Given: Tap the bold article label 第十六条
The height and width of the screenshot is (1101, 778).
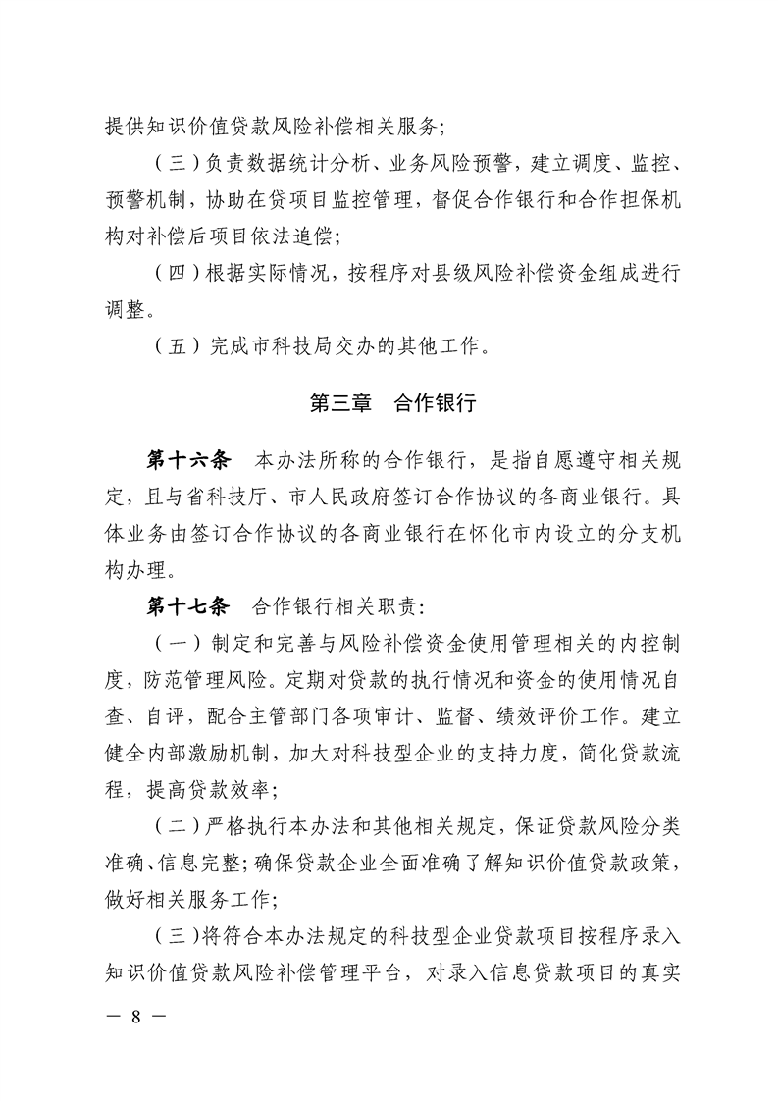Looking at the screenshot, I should (x=187, y=459).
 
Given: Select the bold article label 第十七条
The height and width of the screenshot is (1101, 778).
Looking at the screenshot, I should (x=187, y=602).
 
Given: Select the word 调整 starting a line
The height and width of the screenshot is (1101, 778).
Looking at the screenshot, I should (x=128, y=310).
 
